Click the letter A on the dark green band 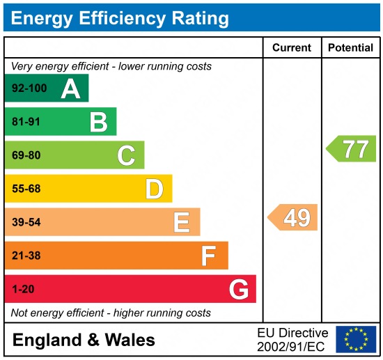70,88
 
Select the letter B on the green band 98,122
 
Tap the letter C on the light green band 126,155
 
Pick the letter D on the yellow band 154,189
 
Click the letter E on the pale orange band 182,222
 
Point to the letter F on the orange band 209,256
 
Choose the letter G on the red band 239,289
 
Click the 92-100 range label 29,88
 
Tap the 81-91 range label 26,122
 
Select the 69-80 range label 26,155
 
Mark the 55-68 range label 26,189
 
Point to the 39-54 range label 26,222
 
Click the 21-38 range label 26,256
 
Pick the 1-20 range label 23,289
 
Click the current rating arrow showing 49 293,218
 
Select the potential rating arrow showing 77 352,149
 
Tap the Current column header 292,48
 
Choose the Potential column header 351,48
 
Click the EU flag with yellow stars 355,339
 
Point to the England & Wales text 84,341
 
